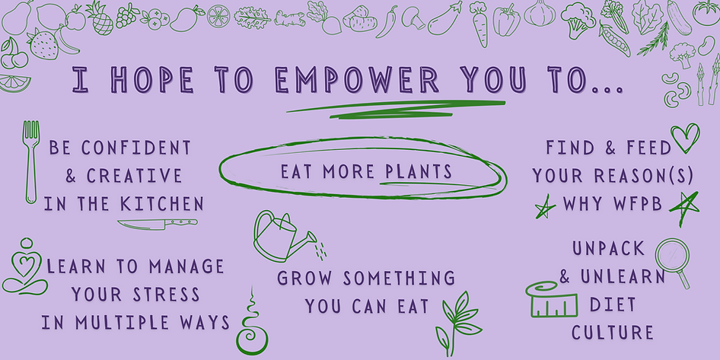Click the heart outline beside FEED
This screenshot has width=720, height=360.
point(684,137)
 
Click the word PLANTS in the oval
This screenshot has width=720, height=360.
point(417,170)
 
